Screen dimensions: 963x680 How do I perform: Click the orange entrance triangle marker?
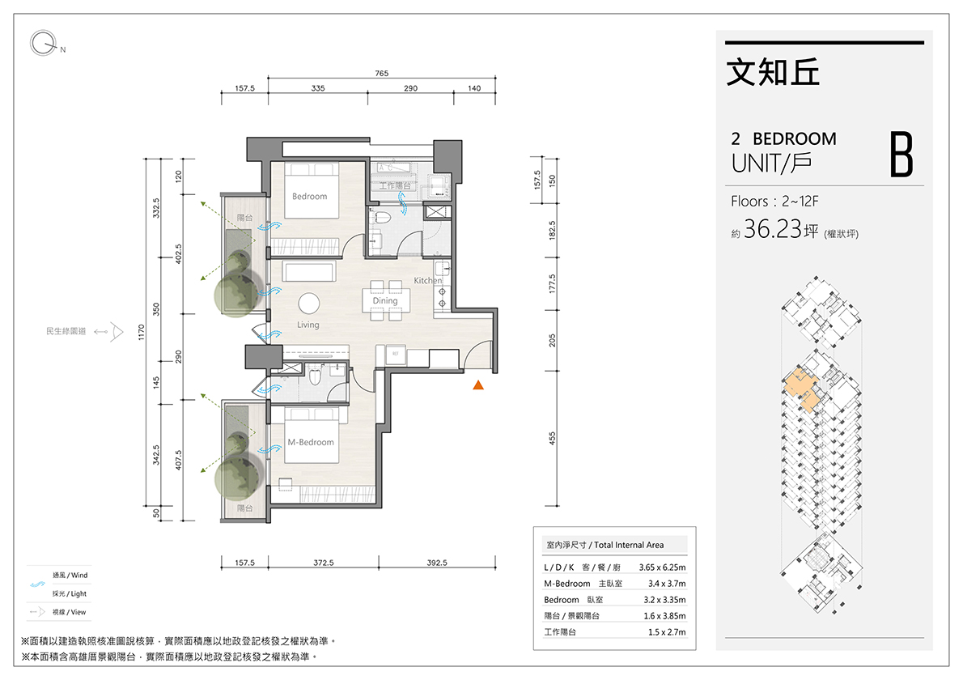pyautogui.click(x=478, y=385)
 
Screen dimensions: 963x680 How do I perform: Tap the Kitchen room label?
pyautogui.click(x=427, y=280)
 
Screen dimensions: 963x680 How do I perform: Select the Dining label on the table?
pyautogui.click(x=385, y=300)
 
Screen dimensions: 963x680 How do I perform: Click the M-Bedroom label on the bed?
pyautogui.click(x=311, y=442)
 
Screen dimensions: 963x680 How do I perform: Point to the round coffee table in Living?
pyautogui.click(x=309, y=304)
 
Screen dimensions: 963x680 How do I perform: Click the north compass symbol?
pyautogui.click(x=44, y=44)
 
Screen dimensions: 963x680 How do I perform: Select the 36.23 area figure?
pyautogui.click(x=773, y=229)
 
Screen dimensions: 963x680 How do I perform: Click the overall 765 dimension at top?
pyautogui.click(x=381, y=73)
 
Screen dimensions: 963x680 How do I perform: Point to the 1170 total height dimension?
pyautogui.click(x=142, y=333)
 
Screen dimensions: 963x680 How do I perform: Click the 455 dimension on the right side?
pyautogui.click(x=552, y=439)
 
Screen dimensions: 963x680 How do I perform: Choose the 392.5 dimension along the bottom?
pyautogui.click(x=437, y=563)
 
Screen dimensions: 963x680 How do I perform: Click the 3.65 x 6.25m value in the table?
pyautogui.click(x=662, y=567)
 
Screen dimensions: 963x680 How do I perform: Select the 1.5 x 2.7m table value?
pyautogui.click(x=667, y=632)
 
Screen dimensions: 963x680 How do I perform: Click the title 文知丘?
pyautogui.click(x=773, y=72)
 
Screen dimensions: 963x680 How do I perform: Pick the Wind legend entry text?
pyautogui.click(x=70, y=576)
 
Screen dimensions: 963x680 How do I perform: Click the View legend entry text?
pyautogui.click(x=70, y=613)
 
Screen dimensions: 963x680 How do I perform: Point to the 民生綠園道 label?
pyautogui.click(x=66, y=332)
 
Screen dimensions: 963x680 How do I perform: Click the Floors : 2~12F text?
pyautogui.click(x=774, y=202)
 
